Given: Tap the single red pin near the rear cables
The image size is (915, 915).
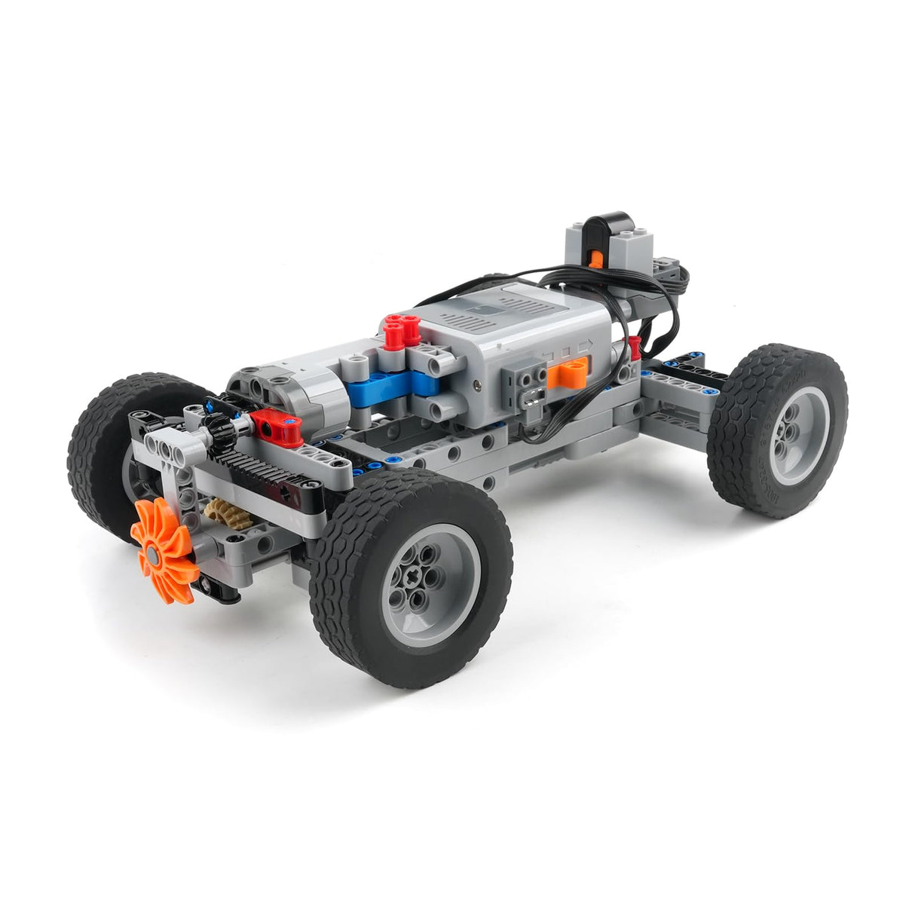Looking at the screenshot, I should point(635,346).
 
